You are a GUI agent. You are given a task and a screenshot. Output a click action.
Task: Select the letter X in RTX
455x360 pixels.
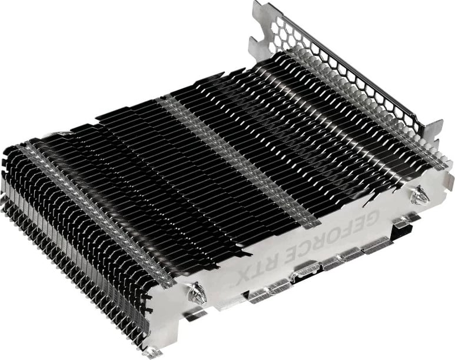(x=243, y=276)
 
